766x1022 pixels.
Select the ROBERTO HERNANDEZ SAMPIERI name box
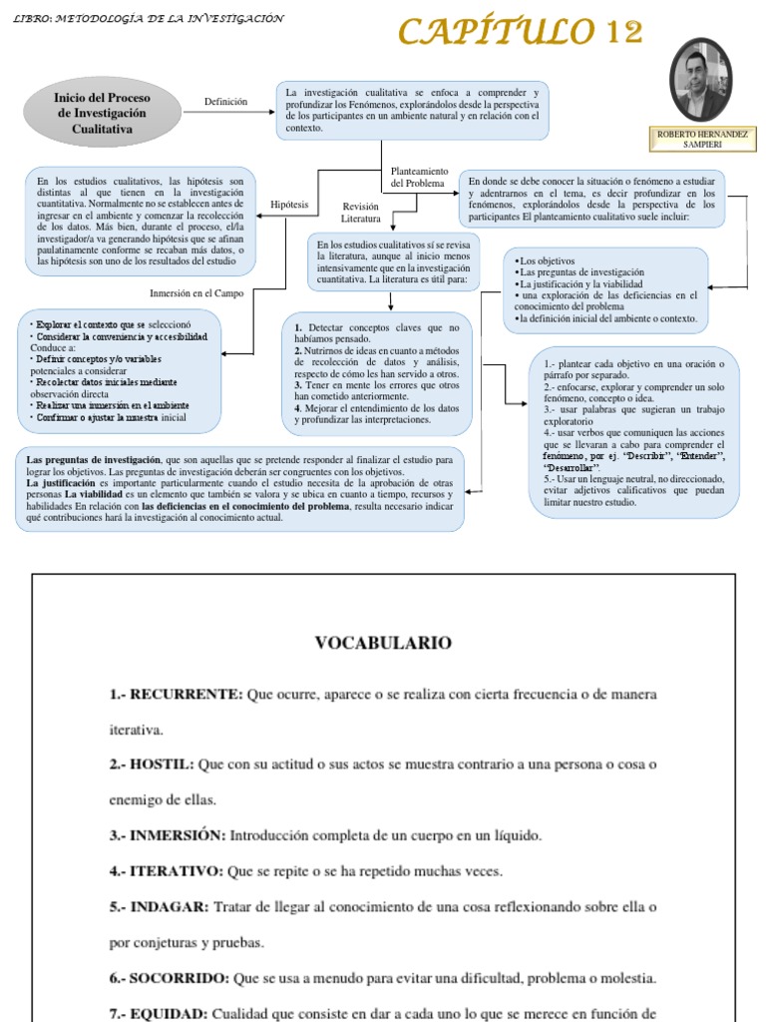coord(702,139)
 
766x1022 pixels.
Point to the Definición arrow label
coord(225,102)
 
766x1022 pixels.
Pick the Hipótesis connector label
coord(289,204)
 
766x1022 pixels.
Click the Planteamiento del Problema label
coord(419,177)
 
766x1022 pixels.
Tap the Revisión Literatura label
coord(361,212)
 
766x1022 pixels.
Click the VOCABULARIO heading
coord(383,643)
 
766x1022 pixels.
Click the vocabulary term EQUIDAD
coord(171,1012)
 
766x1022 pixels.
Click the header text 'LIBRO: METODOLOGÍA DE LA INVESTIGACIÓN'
coord(150,19)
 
